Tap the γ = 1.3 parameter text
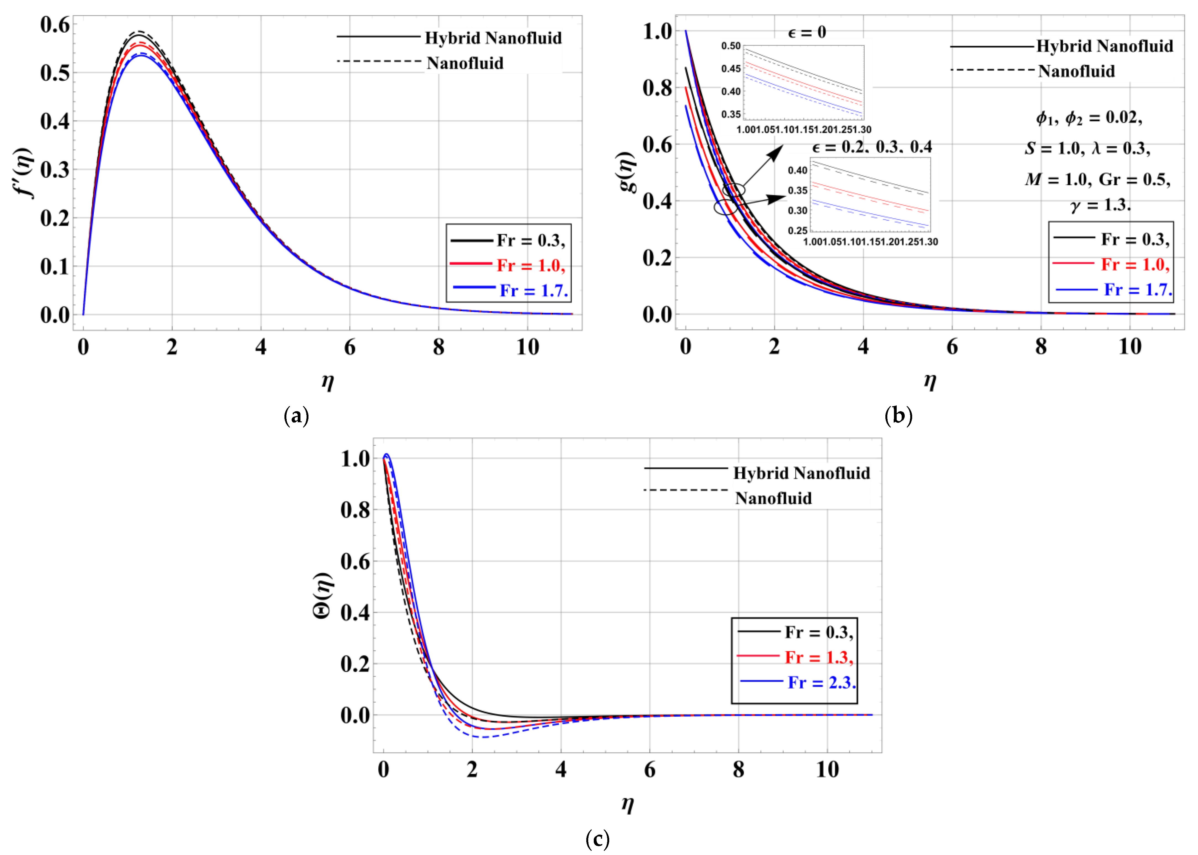click(1100, 205)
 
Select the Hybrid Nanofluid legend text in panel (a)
click(493, 38)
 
